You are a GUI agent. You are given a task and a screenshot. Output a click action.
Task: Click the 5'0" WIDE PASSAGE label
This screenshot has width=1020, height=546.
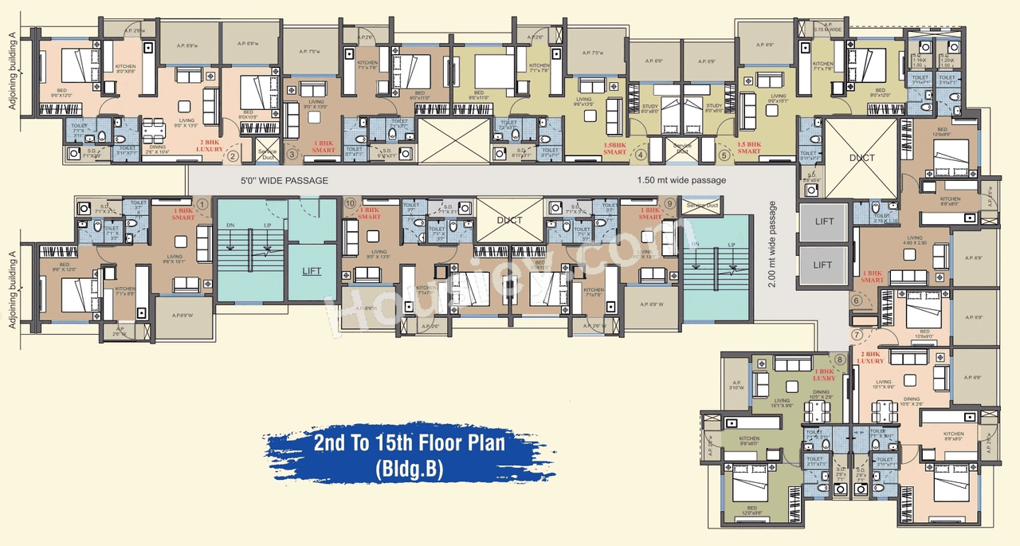point(284,181)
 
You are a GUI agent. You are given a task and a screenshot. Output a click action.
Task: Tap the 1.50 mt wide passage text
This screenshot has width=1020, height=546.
point(681,180)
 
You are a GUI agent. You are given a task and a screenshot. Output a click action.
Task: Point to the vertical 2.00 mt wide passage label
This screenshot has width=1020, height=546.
point(772,242)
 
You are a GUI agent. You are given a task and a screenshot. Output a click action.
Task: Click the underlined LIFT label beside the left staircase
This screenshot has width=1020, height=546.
point(312,271)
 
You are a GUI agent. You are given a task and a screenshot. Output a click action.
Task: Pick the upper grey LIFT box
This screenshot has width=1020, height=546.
point(823,222)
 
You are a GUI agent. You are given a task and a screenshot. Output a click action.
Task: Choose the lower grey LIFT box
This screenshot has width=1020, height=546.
point(823,265)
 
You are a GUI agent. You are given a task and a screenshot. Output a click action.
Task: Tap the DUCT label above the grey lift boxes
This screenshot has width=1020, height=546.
point(861,158)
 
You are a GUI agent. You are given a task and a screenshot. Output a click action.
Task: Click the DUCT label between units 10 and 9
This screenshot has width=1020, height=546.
point(509,220)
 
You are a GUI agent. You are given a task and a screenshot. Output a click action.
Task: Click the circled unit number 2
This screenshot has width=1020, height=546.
point(233,155)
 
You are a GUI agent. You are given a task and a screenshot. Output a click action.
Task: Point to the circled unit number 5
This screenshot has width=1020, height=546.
point(724,155)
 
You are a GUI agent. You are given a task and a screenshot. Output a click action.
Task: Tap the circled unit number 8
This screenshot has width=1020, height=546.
point(839,359)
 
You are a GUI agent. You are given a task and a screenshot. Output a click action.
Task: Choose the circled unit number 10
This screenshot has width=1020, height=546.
point(350,203)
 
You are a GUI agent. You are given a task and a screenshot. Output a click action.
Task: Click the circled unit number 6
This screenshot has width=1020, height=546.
point(857,300)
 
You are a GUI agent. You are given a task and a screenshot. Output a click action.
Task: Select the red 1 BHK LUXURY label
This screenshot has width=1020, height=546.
point(823,374)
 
